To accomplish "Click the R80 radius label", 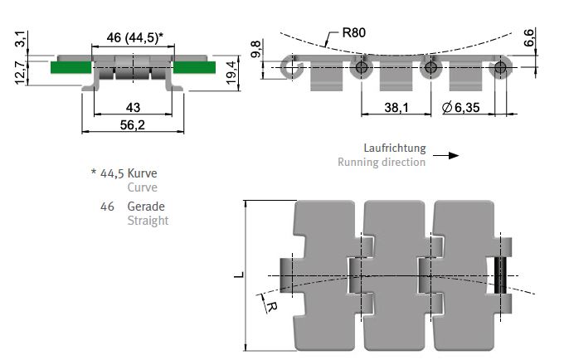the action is [354, 32].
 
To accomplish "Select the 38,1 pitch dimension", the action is [396, 107].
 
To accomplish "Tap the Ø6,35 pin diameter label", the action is [461, 107].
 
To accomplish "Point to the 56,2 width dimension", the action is [133, 124].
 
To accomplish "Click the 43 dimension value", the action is [133, 107].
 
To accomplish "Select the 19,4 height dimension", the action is [231, 73].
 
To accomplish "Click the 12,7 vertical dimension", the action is [20, 73].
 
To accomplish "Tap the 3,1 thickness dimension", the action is [20, 39].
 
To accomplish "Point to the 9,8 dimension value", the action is [255, 49].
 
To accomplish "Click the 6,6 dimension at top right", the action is [529, 38].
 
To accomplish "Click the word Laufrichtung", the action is [395, 148].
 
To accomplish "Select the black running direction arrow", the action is [446, 155].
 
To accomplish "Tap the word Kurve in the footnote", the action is [142, 173].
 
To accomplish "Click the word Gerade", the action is [146, 207].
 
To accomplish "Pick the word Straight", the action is [148, 221].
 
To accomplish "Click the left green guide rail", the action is [70, 68].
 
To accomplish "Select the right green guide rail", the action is [195, 67].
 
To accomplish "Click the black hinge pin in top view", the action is [499, 275].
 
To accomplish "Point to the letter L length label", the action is [239, 275].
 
